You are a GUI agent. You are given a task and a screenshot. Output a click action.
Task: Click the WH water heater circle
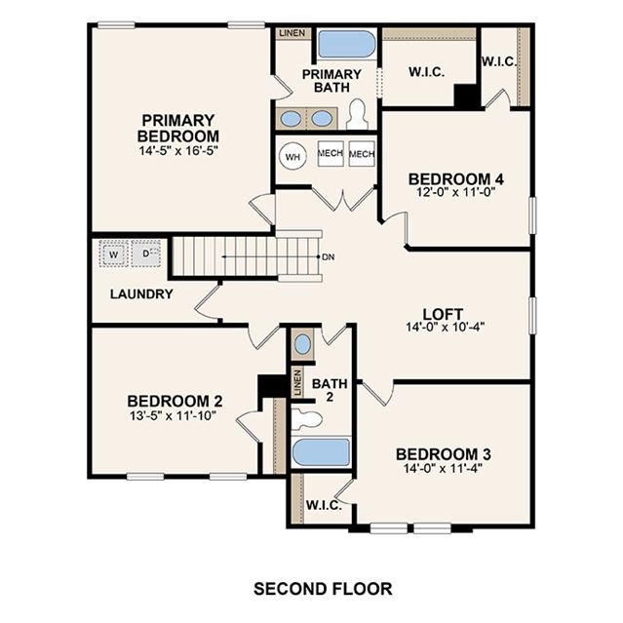tap(293, 157)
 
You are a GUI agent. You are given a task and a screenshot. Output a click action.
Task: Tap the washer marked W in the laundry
tap(114, 253)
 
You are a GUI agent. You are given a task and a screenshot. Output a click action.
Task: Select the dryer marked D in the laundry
tap(146, 253)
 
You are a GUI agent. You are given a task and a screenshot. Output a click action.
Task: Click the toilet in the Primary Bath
tap(357, 114)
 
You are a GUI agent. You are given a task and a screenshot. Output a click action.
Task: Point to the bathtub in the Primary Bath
tap(347, 44)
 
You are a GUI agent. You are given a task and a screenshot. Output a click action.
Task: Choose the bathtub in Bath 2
tap(321, 452)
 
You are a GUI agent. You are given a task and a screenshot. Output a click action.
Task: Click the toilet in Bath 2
tap(306, 419)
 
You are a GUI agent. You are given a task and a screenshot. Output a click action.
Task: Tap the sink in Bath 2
tap(303, 344)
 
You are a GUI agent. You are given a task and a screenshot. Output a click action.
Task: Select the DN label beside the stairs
tap(329, 257)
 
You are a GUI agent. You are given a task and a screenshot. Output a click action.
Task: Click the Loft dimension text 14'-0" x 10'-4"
tap(445, 327)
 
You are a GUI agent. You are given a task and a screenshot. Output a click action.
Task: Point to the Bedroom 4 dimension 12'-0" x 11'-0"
tap(455, 192)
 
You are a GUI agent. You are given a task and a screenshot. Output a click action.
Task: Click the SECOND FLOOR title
tap(323, 589)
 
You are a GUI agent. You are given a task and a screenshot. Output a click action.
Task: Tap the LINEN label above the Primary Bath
tap(292, 33)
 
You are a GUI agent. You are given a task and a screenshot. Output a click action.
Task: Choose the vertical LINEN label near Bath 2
tap(297, 382)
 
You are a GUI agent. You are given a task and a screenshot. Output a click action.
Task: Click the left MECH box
tap(331, 153)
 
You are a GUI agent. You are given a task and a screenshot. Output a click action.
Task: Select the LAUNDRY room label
tap(141, 294)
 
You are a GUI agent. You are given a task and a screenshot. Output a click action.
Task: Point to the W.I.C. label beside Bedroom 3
tap(324, 505)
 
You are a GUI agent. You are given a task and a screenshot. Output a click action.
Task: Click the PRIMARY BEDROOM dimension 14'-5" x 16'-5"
tap(178, 150)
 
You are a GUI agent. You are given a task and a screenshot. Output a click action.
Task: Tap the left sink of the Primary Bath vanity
tap(292, 118)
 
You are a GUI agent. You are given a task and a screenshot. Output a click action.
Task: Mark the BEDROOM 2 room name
tap(175, 401)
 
